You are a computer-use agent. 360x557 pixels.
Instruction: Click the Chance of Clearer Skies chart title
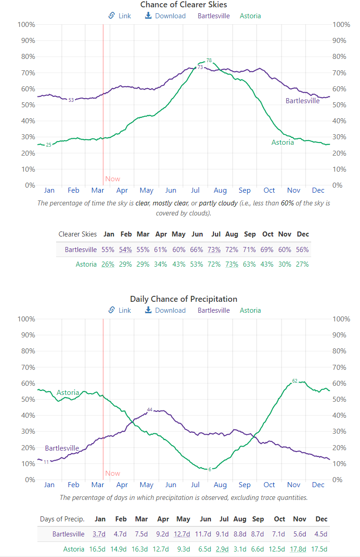(x=183, y=5)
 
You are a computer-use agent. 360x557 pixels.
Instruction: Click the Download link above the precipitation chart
(x=165, y=310)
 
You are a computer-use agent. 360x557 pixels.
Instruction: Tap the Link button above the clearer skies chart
(x=120, y=16)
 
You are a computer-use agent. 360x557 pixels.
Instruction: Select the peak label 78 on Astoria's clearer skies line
(x=209, y=60)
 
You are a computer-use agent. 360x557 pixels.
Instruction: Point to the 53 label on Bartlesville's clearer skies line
(x=71, y=100)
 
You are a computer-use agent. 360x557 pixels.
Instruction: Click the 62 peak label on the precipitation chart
(x=295, y=381)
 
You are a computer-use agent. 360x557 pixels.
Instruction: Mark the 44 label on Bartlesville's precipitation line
(x=150, y=410)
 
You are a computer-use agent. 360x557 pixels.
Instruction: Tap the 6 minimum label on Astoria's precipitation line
(x=209, y=469)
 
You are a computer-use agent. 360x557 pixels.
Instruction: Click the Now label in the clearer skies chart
(x=113, y=179)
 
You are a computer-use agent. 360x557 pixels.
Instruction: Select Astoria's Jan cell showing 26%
(x=108, y=264)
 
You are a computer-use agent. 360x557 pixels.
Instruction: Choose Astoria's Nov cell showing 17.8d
(x=299, y=549)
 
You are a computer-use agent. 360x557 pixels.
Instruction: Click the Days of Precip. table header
(x=62, y=519)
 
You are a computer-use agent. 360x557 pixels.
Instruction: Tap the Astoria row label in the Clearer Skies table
(x=86, y=264)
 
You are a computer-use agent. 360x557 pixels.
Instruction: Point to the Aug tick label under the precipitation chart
(x=220, y=485)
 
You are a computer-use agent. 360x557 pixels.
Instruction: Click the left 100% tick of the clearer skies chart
(x=26, y=24)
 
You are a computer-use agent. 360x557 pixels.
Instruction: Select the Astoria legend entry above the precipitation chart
(x=250, y=310)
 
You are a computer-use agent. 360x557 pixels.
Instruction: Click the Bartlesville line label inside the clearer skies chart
(x=303, y=100)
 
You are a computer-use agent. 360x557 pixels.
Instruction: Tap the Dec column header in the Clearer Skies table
(x=303, y=234)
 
